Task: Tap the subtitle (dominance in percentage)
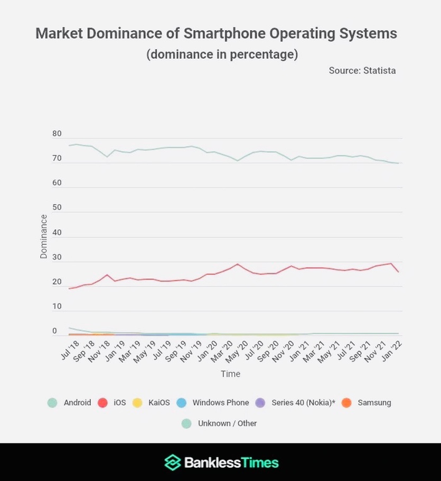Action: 222,54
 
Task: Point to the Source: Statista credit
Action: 362,70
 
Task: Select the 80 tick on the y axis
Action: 57,134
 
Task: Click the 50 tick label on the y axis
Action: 57,208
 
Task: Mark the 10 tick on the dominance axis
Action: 57,307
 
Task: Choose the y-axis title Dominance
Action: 43,236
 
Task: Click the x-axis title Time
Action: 230,374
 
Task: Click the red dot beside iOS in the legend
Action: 102,403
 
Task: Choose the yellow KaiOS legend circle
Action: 137,403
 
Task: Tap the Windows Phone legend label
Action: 220,403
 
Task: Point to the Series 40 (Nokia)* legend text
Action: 303,403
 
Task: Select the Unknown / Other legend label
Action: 227,423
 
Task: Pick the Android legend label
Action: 77,403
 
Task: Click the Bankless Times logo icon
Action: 172,462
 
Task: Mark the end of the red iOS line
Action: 398,272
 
